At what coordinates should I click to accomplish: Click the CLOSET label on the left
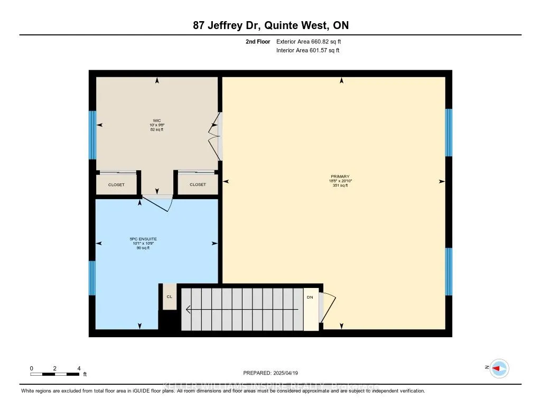(x=116, y=185)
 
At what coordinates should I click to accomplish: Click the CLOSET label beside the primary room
(x=198, y=185)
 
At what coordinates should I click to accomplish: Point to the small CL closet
(x=170, y=297)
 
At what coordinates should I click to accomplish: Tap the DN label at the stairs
(x=310, y=298)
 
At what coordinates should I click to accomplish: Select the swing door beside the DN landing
(x=328, y=309)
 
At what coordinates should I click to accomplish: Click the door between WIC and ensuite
(x=158, y=201)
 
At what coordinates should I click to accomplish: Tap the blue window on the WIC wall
(x=92, y=135)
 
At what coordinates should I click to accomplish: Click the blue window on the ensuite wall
(x=92, y=278)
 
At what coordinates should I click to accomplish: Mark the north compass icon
(x=498, y=368)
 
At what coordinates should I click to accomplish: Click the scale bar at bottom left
(x=55, y=374)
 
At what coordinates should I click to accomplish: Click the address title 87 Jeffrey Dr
(x=270, y=25)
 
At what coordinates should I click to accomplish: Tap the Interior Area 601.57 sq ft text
(x=307, y=51)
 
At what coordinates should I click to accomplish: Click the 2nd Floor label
(x=258, y=41)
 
